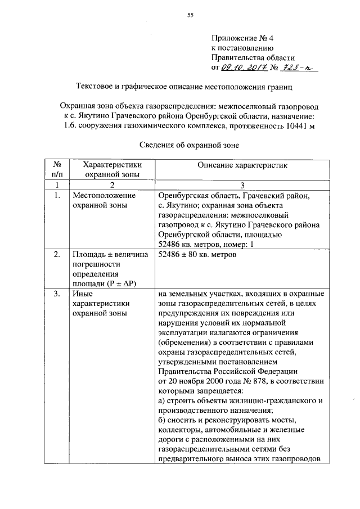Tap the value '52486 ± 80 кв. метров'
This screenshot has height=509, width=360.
click(x=197, y=255)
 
